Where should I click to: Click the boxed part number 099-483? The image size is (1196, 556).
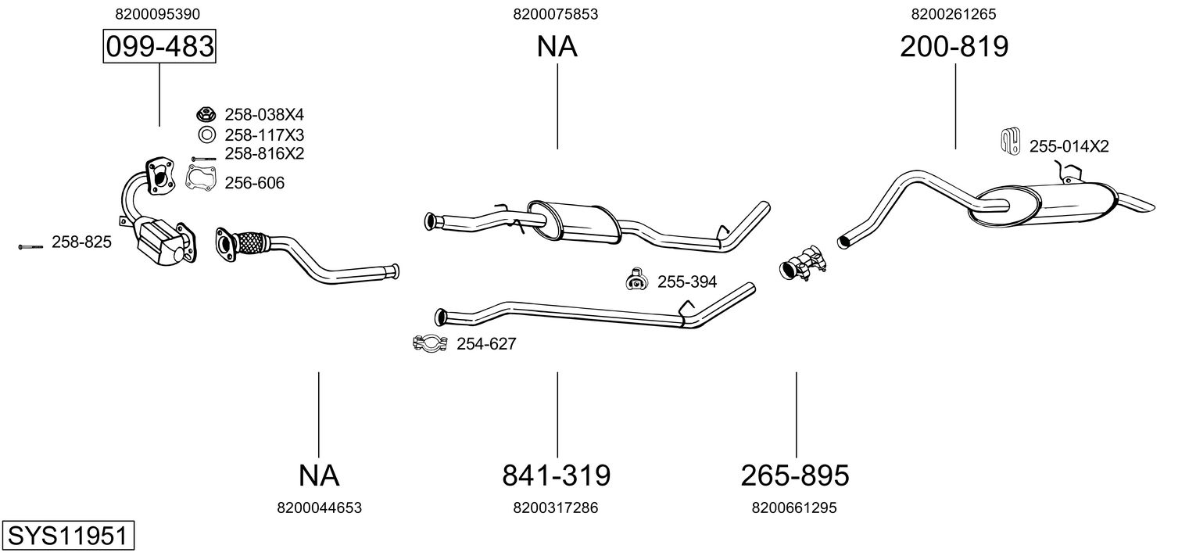159,46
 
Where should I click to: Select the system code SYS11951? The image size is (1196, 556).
68,536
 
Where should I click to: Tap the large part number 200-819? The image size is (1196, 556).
954,46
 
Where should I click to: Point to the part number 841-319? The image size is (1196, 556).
557,475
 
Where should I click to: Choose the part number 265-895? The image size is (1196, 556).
795,475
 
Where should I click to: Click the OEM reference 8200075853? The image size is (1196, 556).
555,14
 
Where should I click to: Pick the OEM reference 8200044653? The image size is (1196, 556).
319,508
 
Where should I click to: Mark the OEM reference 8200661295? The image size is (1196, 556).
794,508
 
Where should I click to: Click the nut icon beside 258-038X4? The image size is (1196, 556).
206,114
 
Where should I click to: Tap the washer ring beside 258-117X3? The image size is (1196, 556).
206,135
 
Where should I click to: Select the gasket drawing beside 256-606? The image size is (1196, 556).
200,178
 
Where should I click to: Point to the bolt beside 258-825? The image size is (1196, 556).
30,247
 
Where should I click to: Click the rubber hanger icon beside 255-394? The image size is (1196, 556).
636,279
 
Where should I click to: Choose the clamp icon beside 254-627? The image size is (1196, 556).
430,343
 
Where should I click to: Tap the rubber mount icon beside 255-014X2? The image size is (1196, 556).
1010,142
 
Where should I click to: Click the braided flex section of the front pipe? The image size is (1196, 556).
249,243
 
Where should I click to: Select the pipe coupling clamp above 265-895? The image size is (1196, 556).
803,263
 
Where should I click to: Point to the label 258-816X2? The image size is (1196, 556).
264,154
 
